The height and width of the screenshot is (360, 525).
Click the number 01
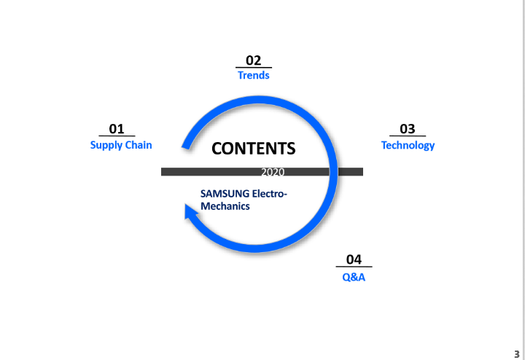(117, 128)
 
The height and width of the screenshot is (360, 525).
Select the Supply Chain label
(121, 145)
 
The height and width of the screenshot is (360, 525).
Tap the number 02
(253, 60)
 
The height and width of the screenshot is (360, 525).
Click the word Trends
(253, 75)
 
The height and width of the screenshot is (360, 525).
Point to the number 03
(408, 129)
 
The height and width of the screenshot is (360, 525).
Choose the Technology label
(408, 145)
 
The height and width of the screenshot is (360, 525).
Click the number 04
(354, 259)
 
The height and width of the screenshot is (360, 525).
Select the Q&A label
(354, 277)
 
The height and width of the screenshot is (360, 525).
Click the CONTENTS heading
(253, 149)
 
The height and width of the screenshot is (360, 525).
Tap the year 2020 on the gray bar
(273, 172)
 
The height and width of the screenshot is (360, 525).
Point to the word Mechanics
(225, 206)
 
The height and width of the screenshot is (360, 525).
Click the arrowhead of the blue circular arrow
(190, 213)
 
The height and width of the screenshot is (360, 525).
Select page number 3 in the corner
(516, 353)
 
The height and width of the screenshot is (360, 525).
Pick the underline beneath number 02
(253, 68)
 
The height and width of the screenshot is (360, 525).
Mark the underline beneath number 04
(354, 267)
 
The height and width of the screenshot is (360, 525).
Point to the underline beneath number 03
(408, 136)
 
